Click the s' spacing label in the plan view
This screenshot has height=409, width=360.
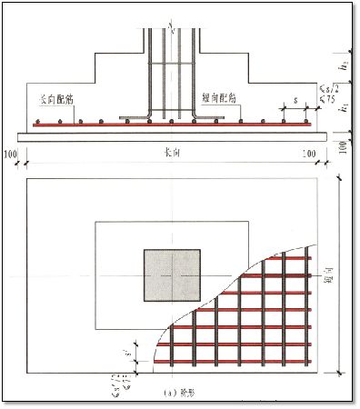(137, 349)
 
